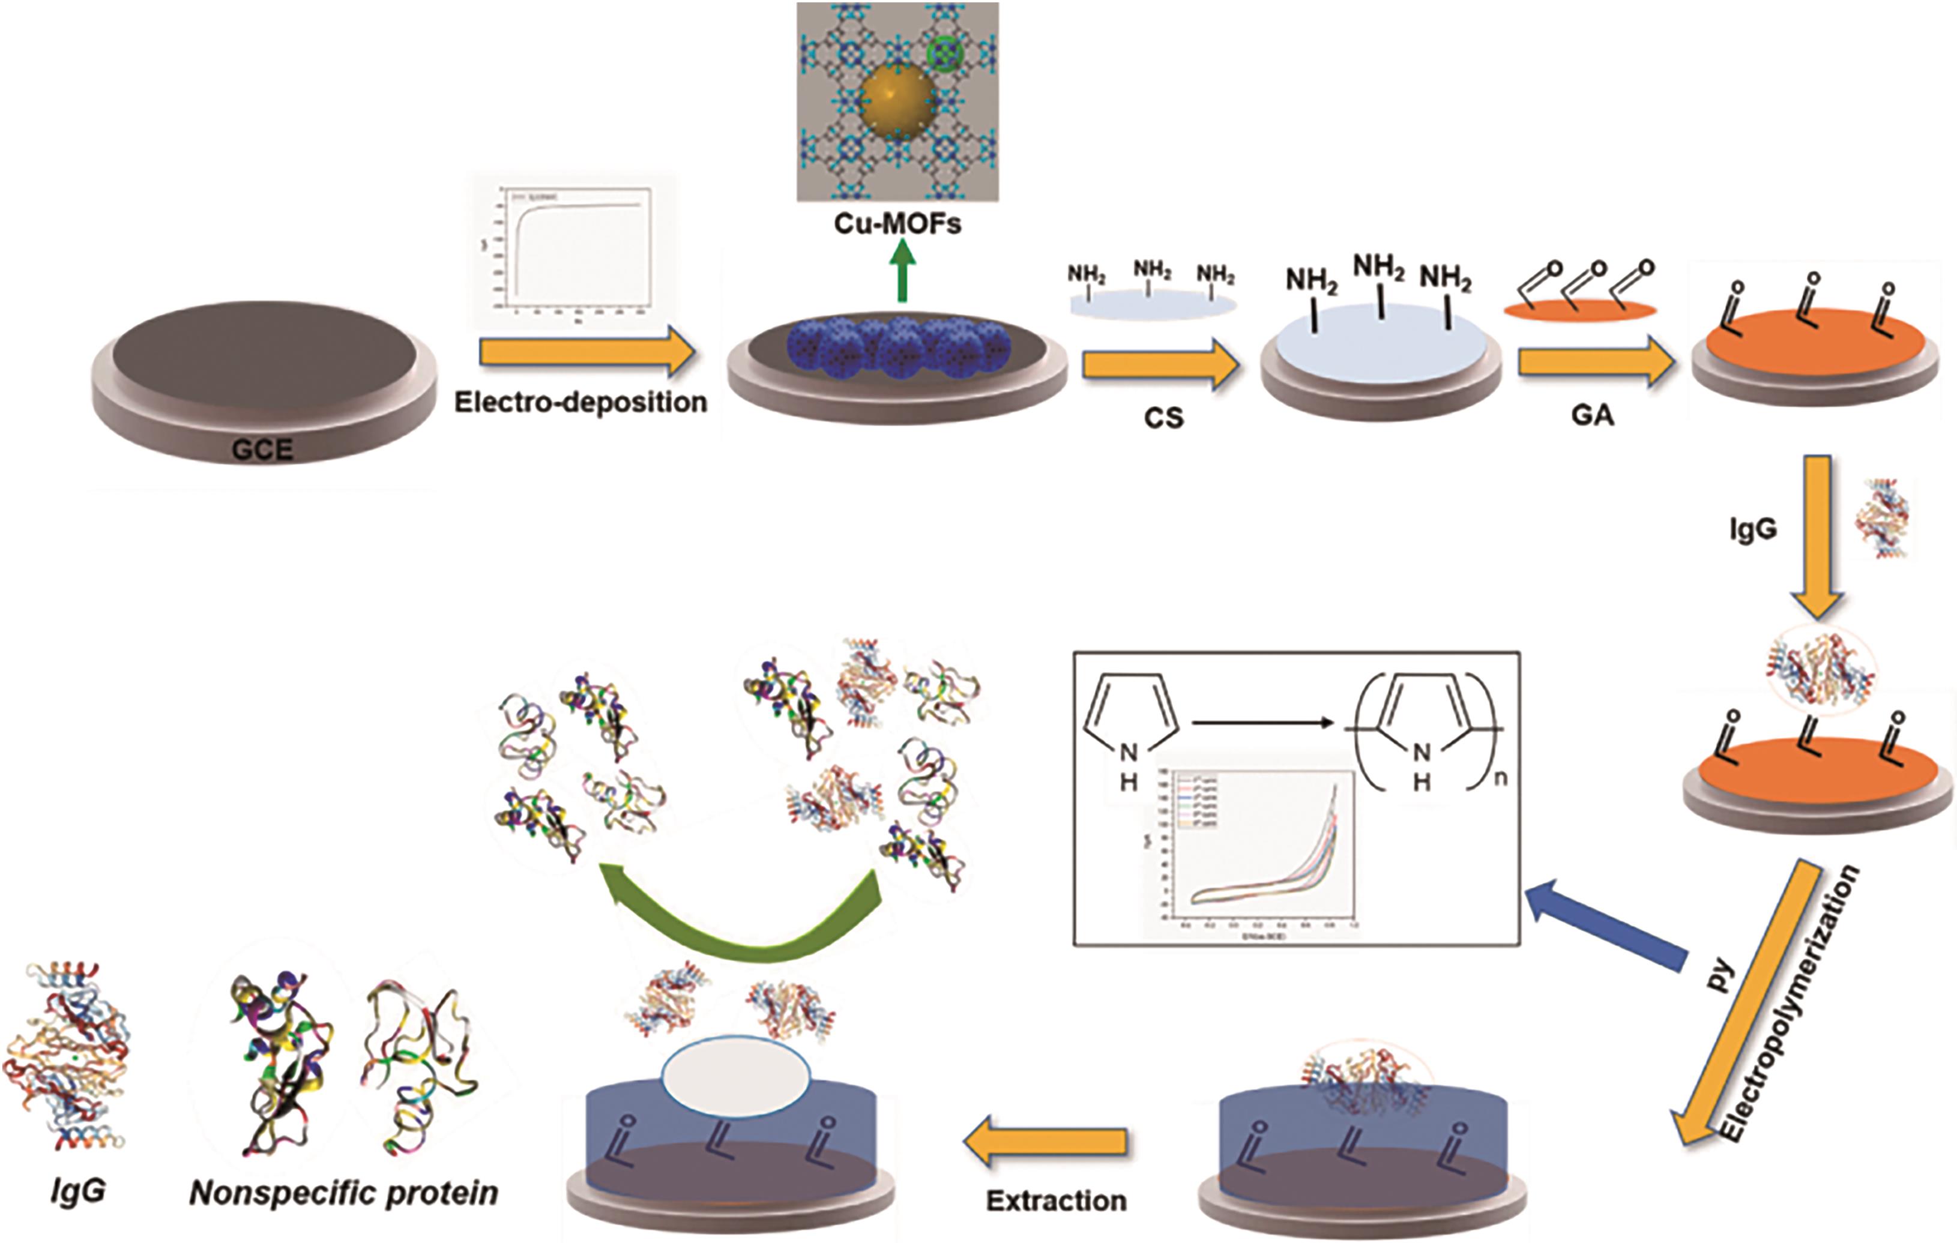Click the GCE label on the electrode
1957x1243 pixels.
pyautogui.click(x=262, y=450)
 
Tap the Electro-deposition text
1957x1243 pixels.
pyautogui.click(x=580, y=402)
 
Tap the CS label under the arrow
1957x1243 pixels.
pyautogui.click(x=1164, y=418)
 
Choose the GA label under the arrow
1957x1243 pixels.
pyautogui.click(x=1593, y=416)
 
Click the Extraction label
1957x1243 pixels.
pyautogui.click(x=1057, y=1201)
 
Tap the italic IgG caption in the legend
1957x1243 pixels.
pyautogui.click(x=77, y=1191)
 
